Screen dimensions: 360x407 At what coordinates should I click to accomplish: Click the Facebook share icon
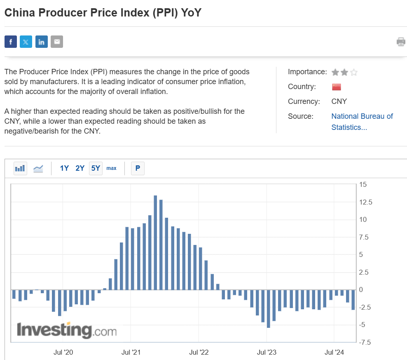tap(11, 42)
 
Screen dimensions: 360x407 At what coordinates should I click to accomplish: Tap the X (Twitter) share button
tap(26, 42)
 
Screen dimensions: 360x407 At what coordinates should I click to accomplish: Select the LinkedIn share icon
tap(42, 42)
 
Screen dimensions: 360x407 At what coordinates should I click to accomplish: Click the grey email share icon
tap(57, 42)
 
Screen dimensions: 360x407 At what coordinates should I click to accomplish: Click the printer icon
tap(401, 42)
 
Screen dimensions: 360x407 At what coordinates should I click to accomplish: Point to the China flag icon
tap(336, 87)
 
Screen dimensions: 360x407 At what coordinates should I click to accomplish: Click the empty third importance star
tap(354, 73)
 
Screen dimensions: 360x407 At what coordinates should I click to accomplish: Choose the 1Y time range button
tap(64, 168)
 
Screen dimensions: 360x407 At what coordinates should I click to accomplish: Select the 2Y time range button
tap(80, 168)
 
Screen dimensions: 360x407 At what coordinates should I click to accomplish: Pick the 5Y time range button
tap(96, 168)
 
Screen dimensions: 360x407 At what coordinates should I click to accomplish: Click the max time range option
tap(111, 168)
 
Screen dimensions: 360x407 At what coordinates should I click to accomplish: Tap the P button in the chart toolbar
tap(138, 168)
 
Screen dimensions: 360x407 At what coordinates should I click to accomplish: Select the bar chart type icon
tap(20, 168)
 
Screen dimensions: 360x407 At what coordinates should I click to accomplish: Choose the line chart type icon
tap(38, 168)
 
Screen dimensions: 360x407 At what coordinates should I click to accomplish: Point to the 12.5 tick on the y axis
tap(365, 202)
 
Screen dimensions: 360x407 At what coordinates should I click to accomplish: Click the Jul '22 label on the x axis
tap(199, 352)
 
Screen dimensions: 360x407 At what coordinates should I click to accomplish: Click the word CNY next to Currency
tap(339, 101)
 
